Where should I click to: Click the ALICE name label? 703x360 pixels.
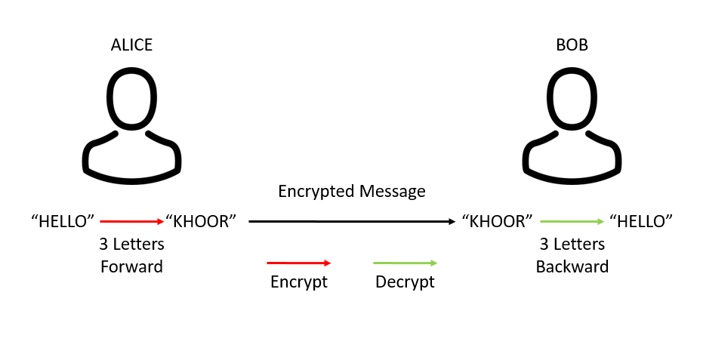[x=131, y=45]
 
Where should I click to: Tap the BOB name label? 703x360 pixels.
[x=572, y=45]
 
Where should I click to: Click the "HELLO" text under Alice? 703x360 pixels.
[x=63, y=221]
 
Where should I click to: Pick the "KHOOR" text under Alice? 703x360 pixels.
[x=201, y=221]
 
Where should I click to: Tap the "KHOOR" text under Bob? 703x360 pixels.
[x=498, y=221]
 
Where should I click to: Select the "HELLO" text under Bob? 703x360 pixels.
[x=641, y=221]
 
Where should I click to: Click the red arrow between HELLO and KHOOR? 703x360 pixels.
[x=131, y=221]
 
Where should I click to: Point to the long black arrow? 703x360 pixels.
[x=351, y=221]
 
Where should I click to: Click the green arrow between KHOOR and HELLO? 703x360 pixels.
[x=572, y=221]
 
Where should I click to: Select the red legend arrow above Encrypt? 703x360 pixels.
[x=299, y=263]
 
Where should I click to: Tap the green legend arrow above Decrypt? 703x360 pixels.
[x=405, y=263]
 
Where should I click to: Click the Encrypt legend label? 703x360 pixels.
[x=299, y=282]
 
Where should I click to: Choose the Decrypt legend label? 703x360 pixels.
[x=405, y=282]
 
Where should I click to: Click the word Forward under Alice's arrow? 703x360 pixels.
[x=131, y=266]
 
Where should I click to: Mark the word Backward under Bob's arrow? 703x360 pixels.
[x=572, y=266]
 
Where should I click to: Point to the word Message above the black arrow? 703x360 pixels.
[x=393, y=192]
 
